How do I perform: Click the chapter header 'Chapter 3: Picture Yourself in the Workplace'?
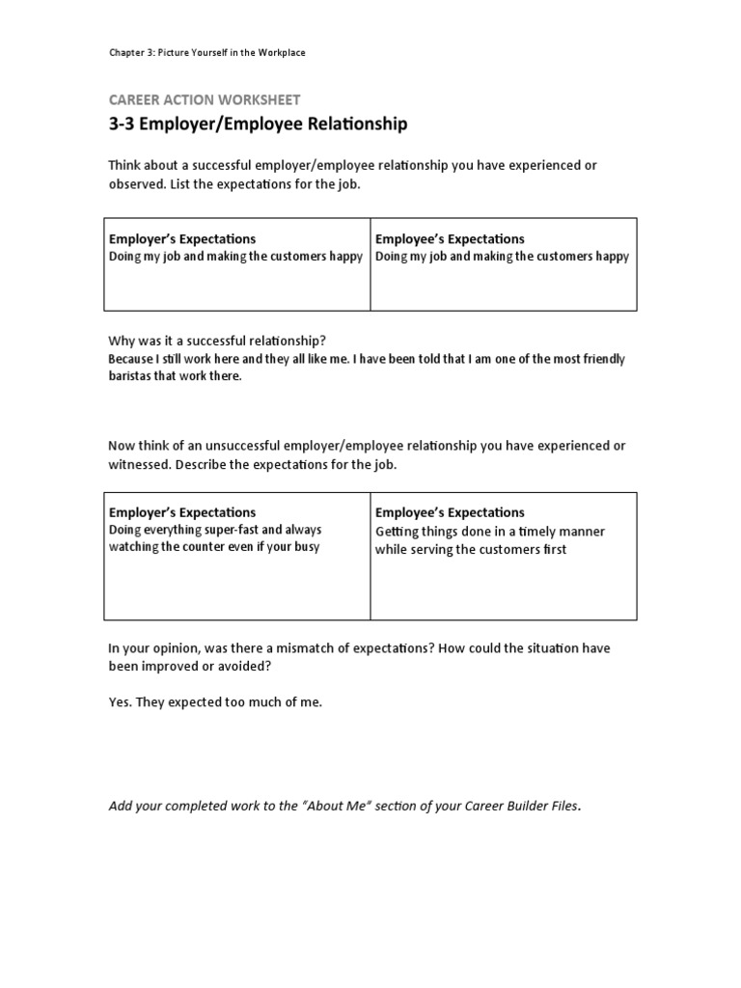coord(206,53)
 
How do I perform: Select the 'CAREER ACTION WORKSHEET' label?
coord(204,99)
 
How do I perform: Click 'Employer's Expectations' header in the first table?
coord(182,238)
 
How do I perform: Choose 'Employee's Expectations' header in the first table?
coord(450,238)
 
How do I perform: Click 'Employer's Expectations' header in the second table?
coord(182,512)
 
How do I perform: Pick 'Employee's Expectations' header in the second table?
coord(450,512)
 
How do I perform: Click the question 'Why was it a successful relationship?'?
coord(217,341)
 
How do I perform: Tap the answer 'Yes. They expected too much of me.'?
coord(215,702)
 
